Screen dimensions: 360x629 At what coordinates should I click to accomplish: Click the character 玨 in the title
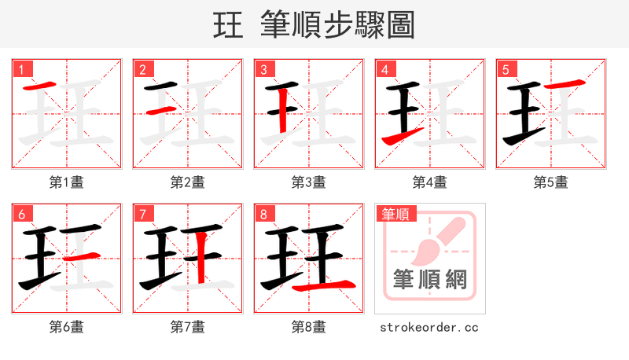click(228, 25)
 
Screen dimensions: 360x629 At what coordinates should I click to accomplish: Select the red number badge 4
click(384, 69)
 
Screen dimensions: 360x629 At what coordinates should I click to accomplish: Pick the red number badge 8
click(263, 214)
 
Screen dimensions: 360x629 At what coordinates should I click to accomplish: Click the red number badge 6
click(21, 214)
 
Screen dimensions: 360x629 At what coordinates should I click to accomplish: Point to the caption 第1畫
click(67, 182)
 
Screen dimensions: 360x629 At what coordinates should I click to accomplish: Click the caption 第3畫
click(309, 182)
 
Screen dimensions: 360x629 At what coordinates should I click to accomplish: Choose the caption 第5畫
click(551, 182)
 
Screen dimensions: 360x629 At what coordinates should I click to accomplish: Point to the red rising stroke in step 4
click(403, 136)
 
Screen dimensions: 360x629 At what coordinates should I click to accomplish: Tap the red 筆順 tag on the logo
click(397, 214)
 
